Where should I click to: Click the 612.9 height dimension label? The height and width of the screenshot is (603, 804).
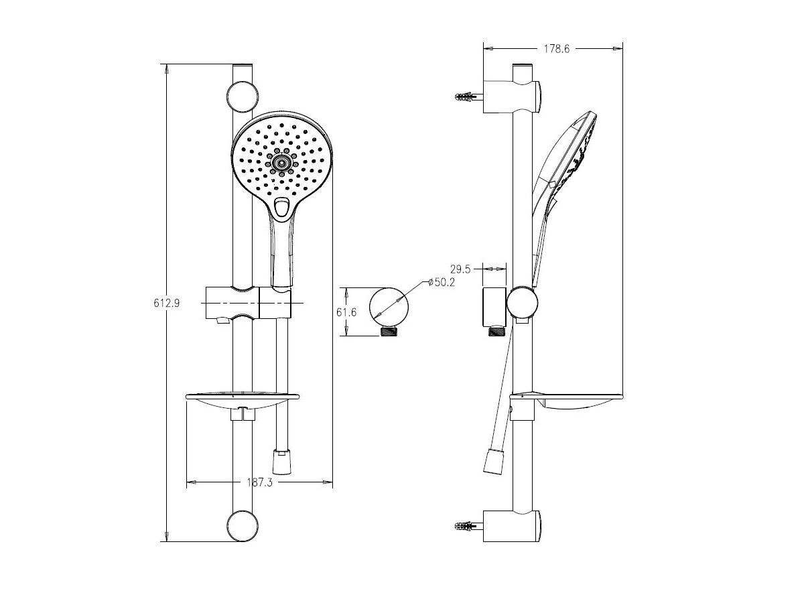coord(167,303)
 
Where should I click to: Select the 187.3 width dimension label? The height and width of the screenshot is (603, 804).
coord(260,482)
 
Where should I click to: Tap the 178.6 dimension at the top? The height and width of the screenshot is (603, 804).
coord(556,49)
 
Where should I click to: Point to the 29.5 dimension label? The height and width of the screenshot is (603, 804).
coord(460,269)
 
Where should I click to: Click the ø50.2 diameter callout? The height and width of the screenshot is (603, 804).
coord(442,282)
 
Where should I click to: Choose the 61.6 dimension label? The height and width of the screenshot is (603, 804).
coord(346,312)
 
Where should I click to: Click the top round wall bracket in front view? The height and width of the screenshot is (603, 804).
coord(243,96)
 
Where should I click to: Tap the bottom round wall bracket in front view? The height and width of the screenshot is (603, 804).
coord(243,526)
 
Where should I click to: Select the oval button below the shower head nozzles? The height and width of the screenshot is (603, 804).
coord(281,207)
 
